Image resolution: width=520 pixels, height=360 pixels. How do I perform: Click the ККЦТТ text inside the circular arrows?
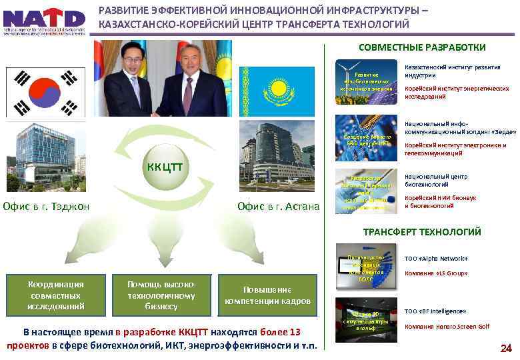click(165, 165)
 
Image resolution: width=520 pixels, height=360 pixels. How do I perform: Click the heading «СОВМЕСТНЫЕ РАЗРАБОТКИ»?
click(422, 47)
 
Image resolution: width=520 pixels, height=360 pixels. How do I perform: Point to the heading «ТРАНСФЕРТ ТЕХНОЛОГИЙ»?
click(422, 232)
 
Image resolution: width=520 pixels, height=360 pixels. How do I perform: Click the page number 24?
click(505, 348)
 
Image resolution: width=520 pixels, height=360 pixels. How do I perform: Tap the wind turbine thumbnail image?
click(366, 81)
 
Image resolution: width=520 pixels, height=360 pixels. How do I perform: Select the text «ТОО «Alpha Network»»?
click(436, 259)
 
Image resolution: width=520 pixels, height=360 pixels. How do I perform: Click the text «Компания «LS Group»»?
click(436, 273)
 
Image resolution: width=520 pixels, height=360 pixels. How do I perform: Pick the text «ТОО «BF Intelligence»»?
click(435, 311)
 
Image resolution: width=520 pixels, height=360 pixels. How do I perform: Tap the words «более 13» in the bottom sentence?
click(280, 332)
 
